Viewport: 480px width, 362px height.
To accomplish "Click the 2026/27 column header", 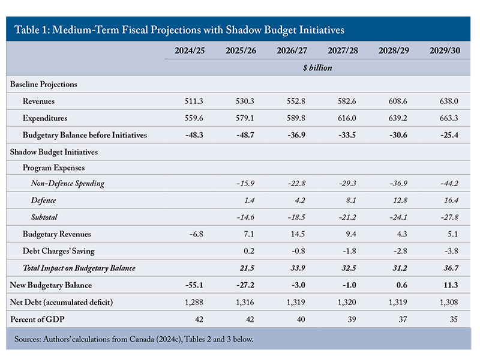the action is point(292,50).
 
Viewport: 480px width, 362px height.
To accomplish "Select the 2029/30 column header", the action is point(445,50).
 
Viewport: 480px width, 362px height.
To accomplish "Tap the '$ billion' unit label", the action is point(317,68).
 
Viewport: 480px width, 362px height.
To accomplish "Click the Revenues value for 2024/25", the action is point(194,101).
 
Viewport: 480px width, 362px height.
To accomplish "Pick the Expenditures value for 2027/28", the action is point(347,118).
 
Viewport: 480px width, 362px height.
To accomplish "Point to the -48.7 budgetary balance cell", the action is point(245,135).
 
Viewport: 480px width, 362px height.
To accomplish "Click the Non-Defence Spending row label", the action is point(68,183).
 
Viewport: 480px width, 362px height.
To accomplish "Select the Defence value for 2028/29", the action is point(400,201).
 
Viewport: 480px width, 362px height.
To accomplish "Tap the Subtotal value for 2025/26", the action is point(245,217).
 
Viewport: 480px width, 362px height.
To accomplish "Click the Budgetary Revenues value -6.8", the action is point(196,234).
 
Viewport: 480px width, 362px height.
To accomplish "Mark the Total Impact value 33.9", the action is point(298,268).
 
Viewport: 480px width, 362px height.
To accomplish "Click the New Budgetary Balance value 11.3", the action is point(451,285).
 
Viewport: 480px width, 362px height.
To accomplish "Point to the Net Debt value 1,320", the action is point(347,303).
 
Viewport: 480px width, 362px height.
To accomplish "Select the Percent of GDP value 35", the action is point(454,319).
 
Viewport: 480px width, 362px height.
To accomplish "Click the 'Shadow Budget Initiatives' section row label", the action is point(54,152).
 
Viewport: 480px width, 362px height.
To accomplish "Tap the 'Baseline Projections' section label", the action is point(43,84).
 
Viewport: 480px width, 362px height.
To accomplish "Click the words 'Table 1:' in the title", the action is point(32,29).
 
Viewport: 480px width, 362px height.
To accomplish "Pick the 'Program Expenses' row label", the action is point(53,168).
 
